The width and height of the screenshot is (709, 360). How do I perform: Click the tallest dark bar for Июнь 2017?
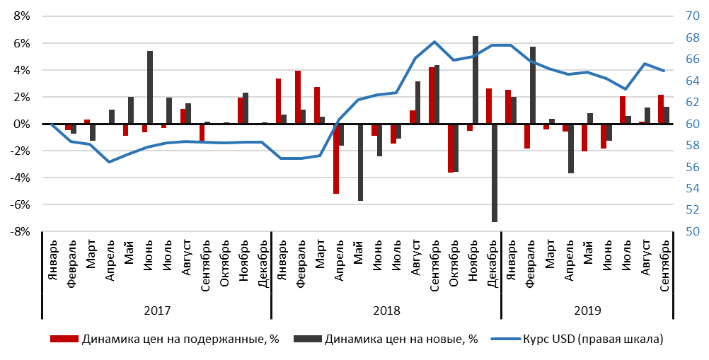(x=150, y=88)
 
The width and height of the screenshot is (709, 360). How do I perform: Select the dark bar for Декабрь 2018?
(x=494, y=173)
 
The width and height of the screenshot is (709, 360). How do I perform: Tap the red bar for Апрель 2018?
(x=336, y=159)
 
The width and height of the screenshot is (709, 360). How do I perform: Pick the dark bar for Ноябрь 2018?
(x=475, y=80)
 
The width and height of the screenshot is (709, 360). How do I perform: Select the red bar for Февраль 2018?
(x=298, y=98)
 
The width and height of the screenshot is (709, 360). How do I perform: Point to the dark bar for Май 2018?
(x=360, y=163)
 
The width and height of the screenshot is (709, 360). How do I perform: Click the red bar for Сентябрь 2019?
(x=660, y=110)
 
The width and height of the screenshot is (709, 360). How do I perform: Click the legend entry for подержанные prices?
(x=164, y=339)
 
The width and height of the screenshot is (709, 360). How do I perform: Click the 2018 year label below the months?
(x=386, y=310)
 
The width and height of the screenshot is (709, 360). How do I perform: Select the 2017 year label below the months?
(x=156, y=310)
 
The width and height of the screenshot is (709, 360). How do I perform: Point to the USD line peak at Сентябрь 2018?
(x=434, y=42)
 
